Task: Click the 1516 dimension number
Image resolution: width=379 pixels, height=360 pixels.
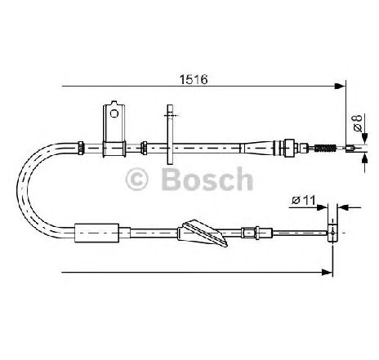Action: coord(194,79)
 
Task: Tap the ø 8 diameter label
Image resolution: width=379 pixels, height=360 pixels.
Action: coord(358,122)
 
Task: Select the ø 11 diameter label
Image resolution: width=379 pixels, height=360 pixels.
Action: coord(303,201)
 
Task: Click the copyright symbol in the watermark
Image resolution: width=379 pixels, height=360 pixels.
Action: coord(136,180)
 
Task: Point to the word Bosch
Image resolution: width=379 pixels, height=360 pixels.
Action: coord(207,179)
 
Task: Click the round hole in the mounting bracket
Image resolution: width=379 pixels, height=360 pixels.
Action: coord(114,113)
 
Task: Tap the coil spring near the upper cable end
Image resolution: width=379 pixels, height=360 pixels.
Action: coord(325,149)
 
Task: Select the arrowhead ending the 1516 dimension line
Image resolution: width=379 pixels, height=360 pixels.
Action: coord(340,86)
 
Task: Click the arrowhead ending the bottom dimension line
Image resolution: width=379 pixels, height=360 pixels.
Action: coord(327,272)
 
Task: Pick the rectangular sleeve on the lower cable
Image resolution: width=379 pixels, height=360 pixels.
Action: coord(96,233)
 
